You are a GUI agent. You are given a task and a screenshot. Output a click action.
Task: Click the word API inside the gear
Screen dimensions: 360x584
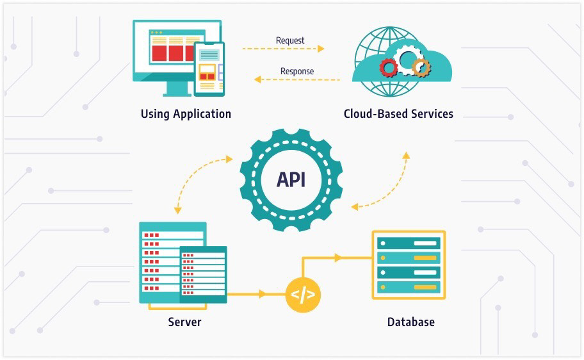(x=291, y=179)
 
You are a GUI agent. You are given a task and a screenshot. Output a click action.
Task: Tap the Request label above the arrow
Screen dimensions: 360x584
(x=290, y=40)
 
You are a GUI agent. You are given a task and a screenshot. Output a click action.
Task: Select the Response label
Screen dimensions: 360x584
(x=297, y=70)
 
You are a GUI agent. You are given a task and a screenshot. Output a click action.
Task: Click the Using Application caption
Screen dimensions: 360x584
(x=186, y=114)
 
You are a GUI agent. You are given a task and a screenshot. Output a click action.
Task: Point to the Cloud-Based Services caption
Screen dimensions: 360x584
(x=398, y=114)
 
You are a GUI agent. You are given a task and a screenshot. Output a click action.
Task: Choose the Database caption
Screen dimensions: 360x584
(x=410, y=322)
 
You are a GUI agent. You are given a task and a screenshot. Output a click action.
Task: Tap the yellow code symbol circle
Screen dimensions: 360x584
(x=303, y=295)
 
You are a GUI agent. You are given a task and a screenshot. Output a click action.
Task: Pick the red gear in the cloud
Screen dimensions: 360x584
(x=388, y=67)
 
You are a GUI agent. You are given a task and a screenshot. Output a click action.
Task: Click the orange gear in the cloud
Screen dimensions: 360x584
(x=421, y=67)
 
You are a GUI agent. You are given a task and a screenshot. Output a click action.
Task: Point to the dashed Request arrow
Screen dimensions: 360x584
(x=283, y=49)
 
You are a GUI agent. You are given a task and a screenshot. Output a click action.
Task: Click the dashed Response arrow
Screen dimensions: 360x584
(x=297, y=79)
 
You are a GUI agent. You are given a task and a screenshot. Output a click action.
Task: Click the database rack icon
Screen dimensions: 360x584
(x=409, y=265)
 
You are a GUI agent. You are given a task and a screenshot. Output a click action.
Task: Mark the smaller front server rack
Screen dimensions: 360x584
(x=203, y=274)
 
